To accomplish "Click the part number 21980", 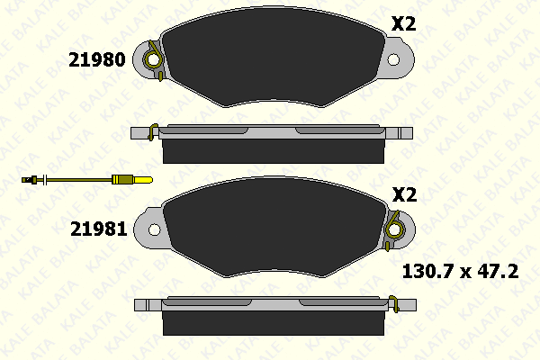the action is tap(97, 59).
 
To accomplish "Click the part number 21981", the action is tap(99, 229).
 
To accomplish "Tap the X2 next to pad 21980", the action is tap(403, 24).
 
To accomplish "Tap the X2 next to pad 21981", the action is tap(405, 194).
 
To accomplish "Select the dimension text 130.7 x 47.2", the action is tap(461, 272).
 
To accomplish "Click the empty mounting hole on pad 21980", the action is tap(393, 59).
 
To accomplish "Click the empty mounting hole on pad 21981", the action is tap(154, 229).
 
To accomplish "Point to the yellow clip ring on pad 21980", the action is tap(153, 59).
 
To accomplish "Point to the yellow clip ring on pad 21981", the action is tap(395, 229).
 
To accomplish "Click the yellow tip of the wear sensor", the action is tap(143, 179).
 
